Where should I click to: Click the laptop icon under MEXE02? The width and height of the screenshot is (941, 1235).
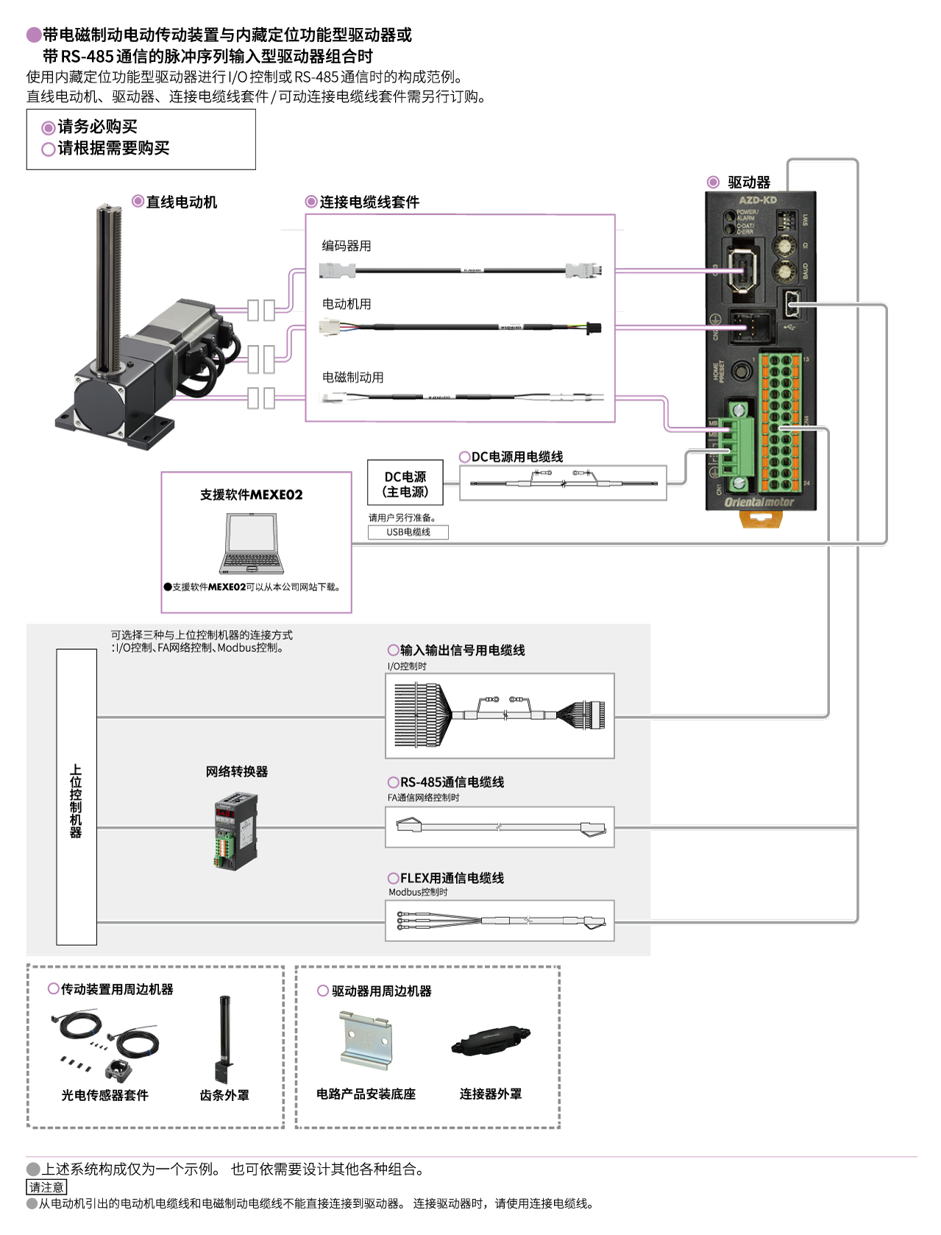click(252, 545)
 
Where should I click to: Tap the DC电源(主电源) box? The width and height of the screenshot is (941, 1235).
click(405, 484)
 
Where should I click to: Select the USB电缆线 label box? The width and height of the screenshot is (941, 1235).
click(408, 532)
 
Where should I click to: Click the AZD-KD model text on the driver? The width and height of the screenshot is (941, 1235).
click(758, 200)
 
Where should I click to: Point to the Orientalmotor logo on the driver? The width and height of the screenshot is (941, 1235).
click(759, 502)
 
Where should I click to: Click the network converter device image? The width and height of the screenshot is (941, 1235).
click(236, 830)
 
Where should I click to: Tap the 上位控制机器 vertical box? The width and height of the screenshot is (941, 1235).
click(77, 797)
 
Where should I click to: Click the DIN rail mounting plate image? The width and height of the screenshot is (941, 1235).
click(366, 1040)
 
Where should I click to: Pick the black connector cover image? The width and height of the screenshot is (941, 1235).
click(491, 1041)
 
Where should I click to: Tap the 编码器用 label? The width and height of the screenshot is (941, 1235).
click(347, 246)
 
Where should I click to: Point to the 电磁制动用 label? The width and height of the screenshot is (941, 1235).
click(353, 378)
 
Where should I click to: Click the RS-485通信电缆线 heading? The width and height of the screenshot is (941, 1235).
click(452, 782)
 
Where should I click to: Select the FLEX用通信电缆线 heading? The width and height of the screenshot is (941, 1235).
click(452, 878)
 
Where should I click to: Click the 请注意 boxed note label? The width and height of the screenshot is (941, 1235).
click(46, 1187)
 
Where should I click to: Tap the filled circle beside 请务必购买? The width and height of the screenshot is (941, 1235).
click(49, 128)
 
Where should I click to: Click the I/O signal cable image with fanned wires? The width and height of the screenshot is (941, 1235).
click(500, 715)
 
